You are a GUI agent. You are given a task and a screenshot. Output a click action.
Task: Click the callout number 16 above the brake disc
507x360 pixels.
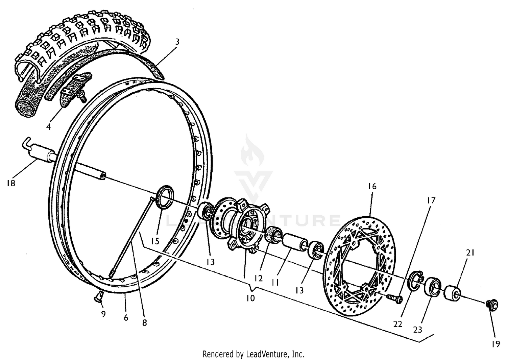pos(372,186)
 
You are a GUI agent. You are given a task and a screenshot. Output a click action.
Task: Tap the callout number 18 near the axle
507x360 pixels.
pos(11,183)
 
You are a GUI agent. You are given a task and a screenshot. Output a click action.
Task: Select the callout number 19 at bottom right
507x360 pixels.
pos(496,344)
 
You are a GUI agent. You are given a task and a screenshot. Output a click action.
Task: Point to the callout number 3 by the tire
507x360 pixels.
pos(177,42)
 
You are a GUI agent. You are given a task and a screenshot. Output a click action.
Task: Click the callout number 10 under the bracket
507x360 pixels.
pos(250,298)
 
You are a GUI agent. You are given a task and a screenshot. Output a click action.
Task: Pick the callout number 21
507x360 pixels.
pos(470,253)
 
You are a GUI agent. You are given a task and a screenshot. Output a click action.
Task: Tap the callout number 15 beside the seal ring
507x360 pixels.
pos(155,241)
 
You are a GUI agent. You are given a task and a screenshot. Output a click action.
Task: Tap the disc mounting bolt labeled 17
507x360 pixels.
pos(394,298)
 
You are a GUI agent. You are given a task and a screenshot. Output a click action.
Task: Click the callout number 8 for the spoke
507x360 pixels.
pos(144,323)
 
